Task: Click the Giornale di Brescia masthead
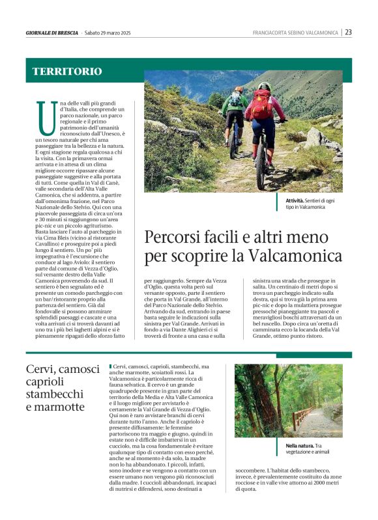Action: pos(51,33)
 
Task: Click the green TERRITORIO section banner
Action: pos(68,71)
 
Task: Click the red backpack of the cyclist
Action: pos(262,104)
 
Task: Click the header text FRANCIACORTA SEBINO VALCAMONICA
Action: pos(295,33)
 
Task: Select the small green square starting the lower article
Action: pos(111,367)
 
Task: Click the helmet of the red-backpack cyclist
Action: pos(263,86)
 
